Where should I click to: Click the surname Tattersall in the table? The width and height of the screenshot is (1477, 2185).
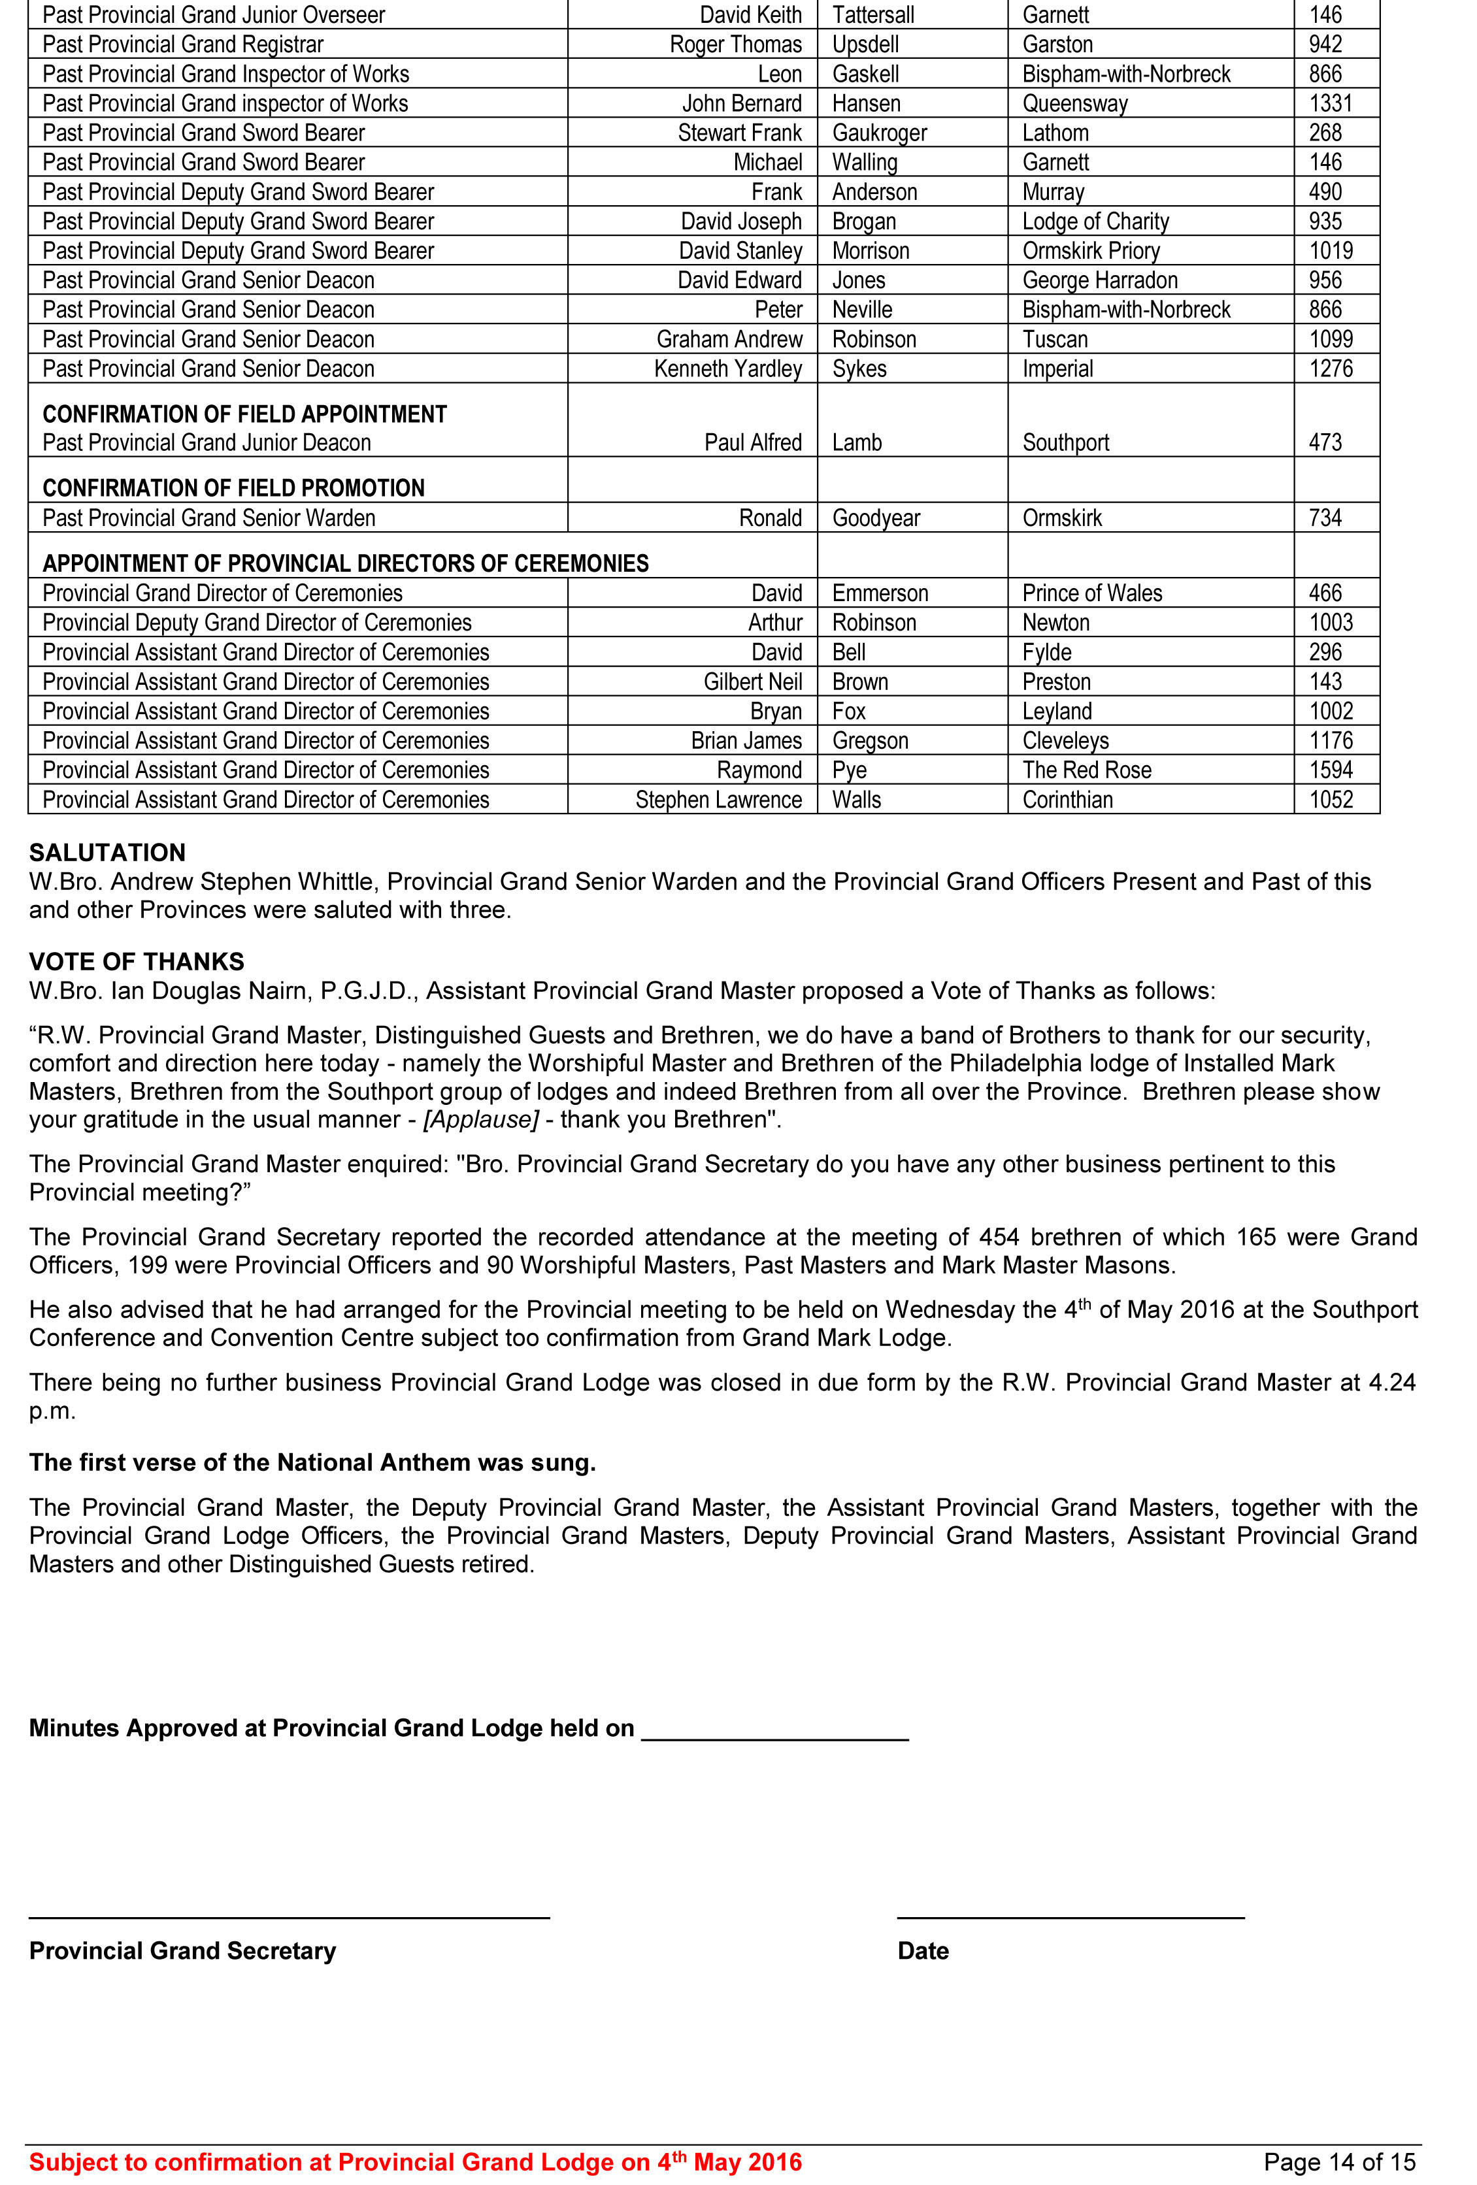[872, 15]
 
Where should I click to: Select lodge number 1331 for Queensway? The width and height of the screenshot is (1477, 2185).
[1331, 103]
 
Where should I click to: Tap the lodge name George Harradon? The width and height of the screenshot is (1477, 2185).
[1099, 280]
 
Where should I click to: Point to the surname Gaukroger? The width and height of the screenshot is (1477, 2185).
[879, 133]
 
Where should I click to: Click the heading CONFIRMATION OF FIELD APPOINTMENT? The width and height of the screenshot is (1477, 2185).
[244, 415]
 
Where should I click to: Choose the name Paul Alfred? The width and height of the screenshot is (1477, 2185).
[753, 443]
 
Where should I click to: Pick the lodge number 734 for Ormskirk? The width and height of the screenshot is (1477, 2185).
[1325, 518]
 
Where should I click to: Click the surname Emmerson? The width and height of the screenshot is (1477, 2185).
[880, 593]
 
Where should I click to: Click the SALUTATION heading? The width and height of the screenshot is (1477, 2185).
[107, 853]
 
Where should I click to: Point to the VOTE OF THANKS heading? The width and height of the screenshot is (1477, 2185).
[137, 962]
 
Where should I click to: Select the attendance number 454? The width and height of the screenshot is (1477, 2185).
[999, 1238]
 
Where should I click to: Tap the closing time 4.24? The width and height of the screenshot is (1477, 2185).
[1391, 1383]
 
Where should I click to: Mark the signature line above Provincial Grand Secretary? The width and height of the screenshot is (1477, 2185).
[289, 1915]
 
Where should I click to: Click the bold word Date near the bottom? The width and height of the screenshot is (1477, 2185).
[922, 1951]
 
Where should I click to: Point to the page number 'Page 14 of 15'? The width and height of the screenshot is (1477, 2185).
[1339, 2162]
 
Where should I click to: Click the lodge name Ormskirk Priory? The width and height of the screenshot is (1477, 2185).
[1091, 251]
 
